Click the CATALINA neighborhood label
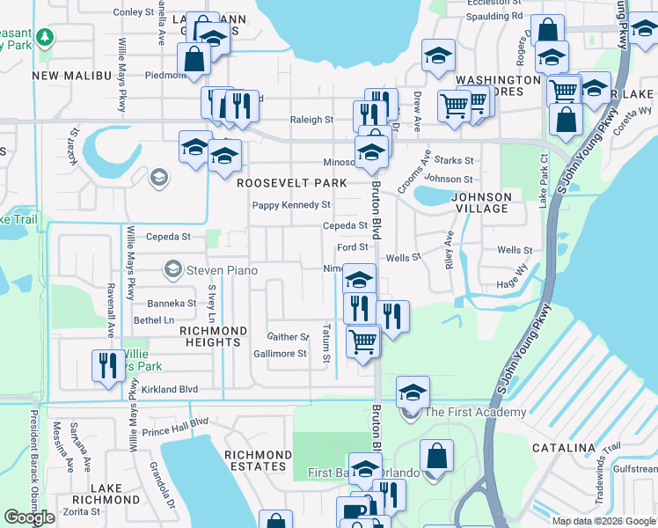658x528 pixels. point(564,448)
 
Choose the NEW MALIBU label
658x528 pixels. point(73,77)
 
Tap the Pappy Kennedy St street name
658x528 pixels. point(291,205)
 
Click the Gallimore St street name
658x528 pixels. point(280,354)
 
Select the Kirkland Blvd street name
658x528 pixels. point(167,389)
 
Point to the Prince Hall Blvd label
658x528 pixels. point(175,427)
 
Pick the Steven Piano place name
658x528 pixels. point(223,270)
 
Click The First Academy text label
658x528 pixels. point(475,412)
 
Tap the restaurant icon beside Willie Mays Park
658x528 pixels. point(107,365)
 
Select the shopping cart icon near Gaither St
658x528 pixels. point(362,341)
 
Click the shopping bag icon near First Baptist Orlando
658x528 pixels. point(436,457)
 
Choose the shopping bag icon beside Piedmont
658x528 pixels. point(194,59)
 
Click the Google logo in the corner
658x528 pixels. point(29,517)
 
